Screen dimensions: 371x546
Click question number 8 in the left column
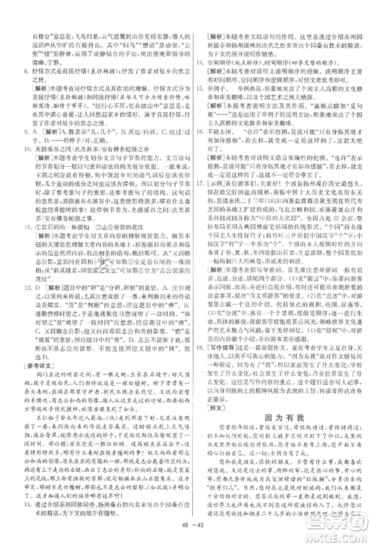[x=22, y=71]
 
